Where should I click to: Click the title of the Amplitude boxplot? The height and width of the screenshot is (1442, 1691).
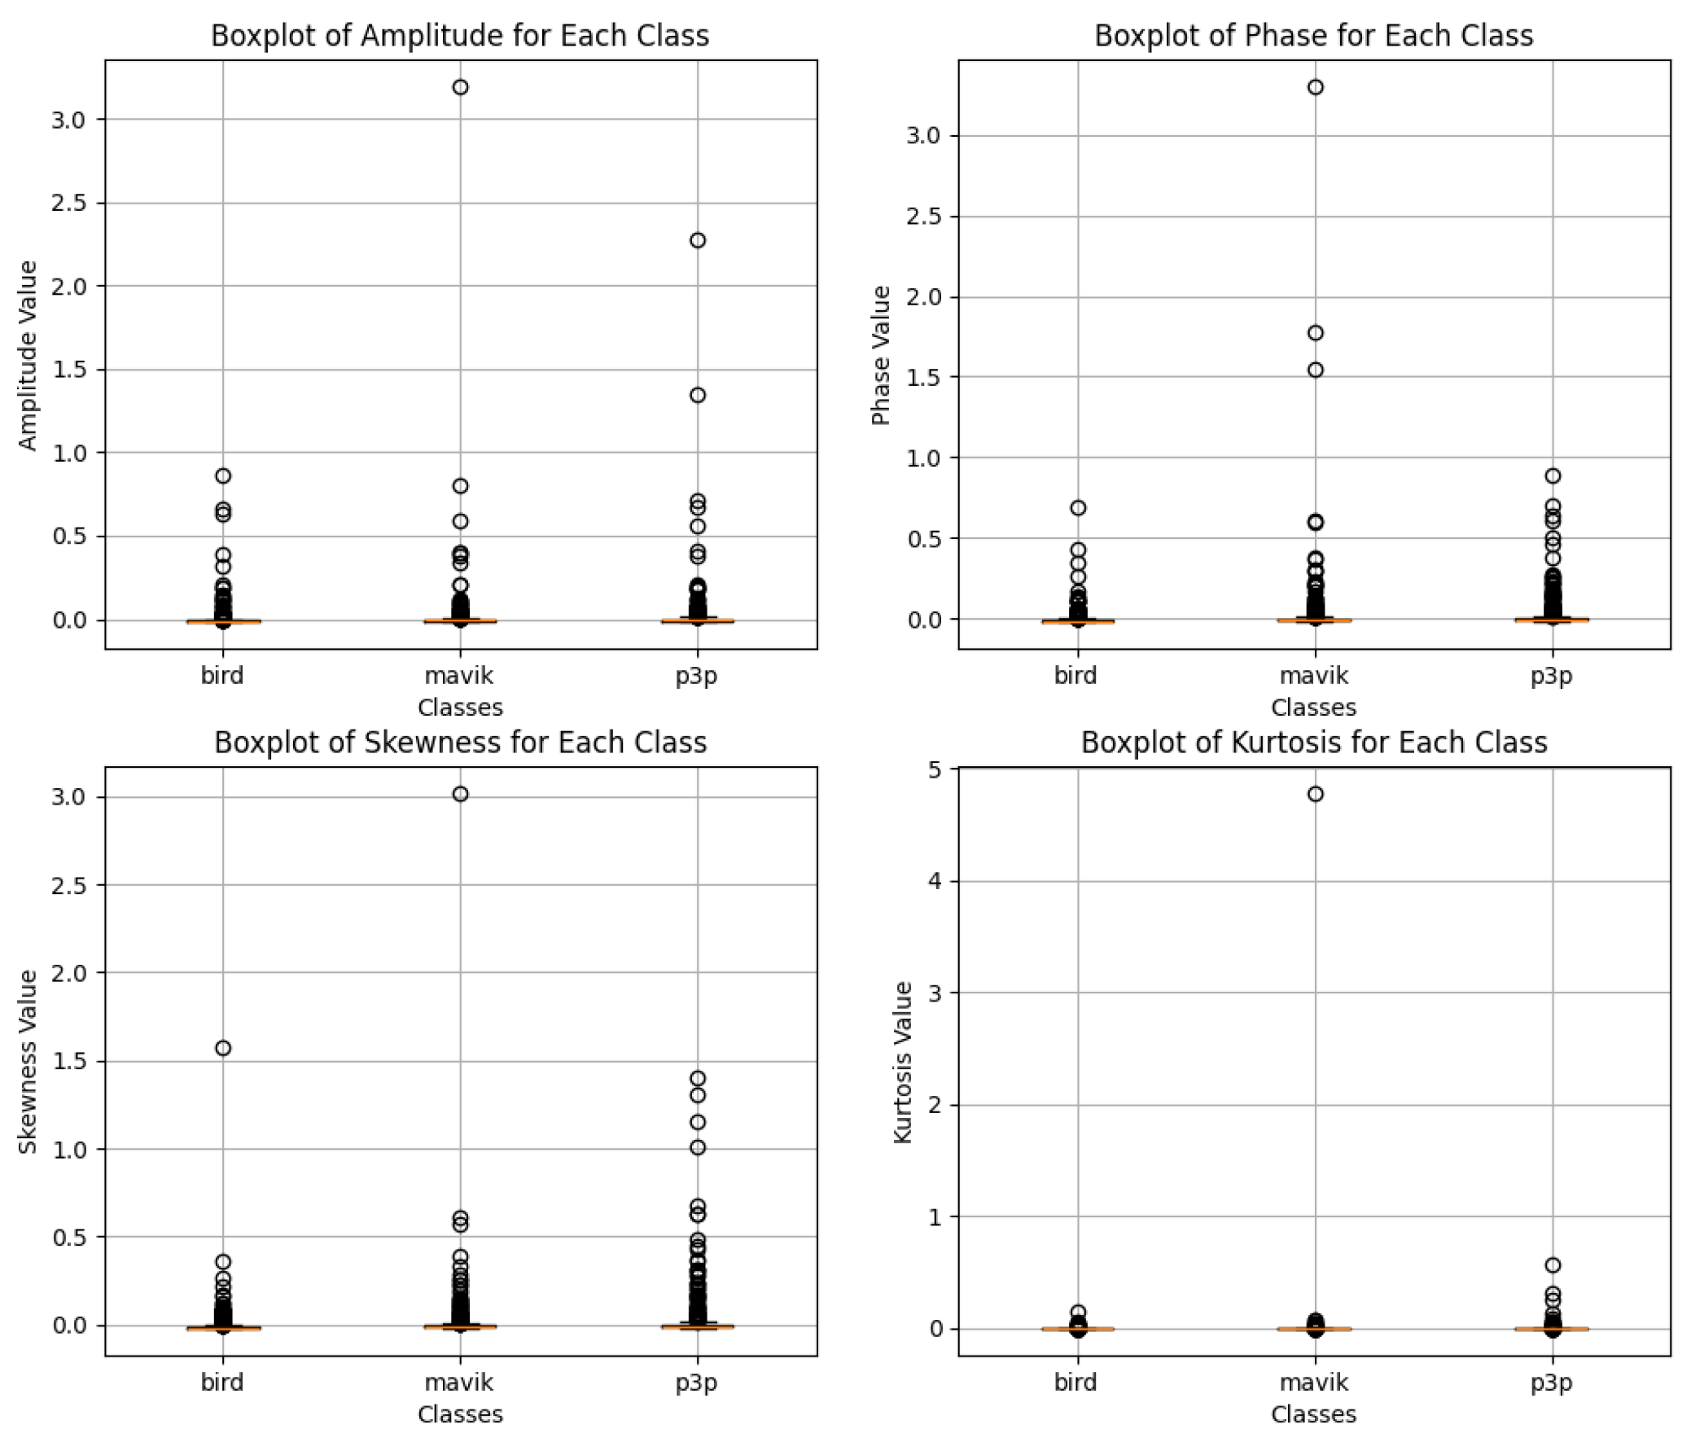tap(459, 36)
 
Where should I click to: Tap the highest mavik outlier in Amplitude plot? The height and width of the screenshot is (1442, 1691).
tap(460, 87)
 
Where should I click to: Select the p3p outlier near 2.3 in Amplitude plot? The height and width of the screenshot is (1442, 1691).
tap(698, 240)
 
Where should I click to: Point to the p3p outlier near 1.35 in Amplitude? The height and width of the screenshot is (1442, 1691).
tap(698, 395)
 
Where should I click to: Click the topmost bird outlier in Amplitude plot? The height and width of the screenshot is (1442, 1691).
tap(223, 476)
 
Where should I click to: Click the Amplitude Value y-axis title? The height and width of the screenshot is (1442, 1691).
tap(28, 355)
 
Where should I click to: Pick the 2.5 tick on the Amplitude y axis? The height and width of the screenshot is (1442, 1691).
tap(68, 203)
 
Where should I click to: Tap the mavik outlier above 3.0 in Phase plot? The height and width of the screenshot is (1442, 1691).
tap(1316, 87)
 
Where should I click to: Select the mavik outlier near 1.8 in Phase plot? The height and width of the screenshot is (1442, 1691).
tap(1316, 333)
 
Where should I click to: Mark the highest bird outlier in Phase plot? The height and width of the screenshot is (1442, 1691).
tap(1078, 507)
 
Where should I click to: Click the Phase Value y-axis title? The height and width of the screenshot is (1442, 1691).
tap(881, 355)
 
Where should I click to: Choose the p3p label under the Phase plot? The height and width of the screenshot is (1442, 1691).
tap(1552, 676)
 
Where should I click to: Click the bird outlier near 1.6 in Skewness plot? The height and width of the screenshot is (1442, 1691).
tap(223, 1048)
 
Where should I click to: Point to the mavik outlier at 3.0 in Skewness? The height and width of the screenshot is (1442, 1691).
tap(460, 794)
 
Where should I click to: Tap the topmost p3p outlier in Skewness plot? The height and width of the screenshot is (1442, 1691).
tap(698, 1078)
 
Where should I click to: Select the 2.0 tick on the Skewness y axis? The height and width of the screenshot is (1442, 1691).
tap(68, 972)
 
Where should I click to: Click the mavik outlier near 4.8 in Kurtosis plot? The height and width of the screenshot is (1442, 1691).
tap(1316, 794)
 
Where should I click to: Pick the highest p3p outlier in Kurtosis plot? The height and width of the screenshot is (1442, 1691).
tap(1553, 1265)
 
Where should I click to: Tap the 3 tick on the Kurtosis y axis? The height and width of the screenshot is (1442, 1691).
tap(935, 993)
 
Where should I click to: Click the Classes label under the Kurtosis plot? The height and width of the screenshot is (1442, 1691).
tap(1313, 1414)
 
